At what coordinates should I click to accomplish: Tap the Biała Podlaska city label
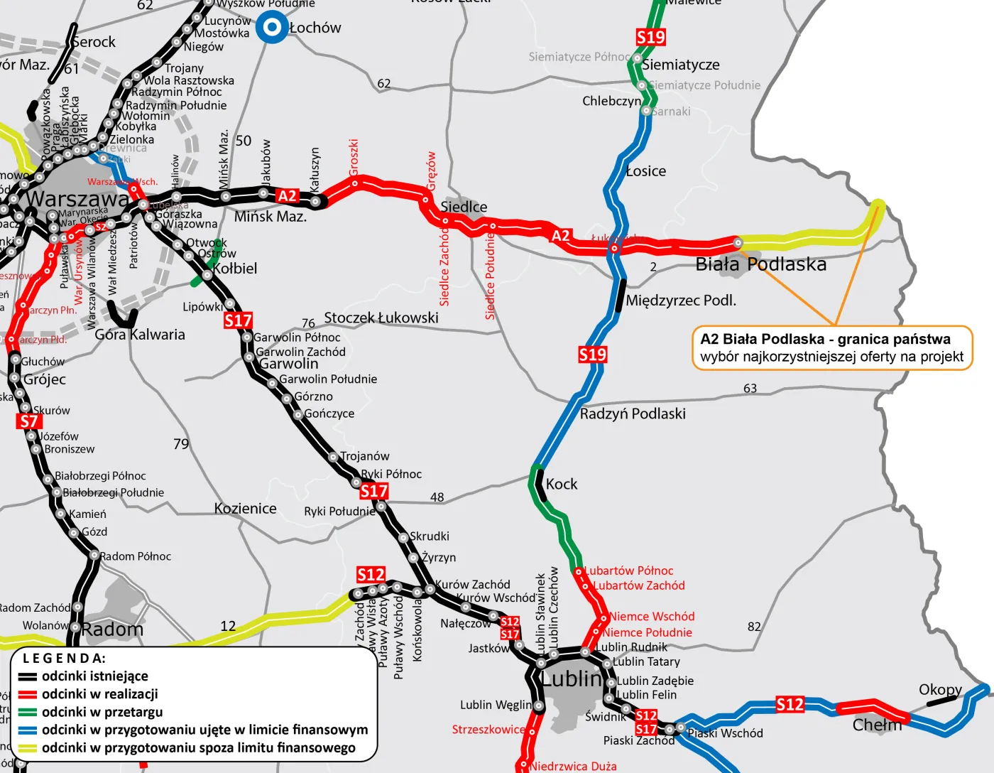(760, 264)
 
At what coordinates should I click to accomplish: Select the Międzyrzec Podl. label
(680, 301)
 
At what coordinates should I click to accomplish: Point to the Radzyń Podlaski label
(633, 413)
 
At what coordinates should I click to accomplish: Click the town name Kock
(561, 484)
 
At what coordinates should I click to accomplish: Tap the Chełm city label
(877, 725)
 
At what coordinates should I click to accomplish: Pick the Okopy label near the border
(940, 689)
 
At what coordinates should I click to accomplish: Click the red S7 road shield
(28, 421)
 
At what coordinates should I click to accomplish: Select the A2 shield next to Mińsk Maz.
(287, 196)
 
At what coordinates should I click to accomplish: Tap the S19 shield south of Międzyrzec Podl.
(592, 355)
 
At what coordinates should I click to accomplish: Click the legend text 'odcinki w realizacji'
(99, 694)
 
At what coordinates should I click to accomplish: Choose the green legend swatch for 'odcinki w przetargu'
(28, 712)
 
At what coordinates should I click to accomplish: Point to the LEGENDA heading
(64, 658)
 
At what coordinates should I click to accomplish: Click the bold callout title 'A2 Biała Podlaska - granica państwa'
(825, 339)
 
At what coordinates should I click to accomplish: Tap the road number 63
(750, 388)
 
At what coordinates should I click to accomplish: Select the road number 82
(754, 627)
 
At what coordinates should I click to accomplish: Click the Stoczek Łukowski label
(381, 318)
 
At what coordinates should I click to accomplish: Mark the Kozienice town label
(245, 509)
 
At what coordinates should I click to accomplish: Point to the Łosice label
(645, 171)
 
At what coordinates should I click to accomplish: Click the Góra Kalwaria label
(140, 335)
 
